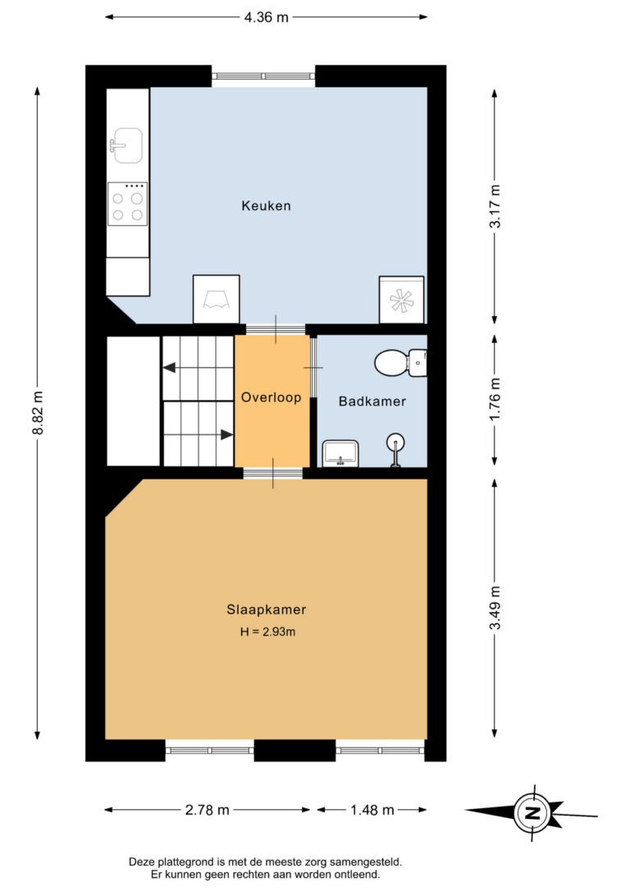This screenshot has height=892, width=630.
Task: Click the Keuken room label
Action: pos(266,206)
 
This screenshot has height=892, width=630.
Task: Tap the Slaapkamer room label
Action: pos(267,609)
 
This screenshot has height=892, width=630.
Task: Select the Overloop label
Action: pos(271,397)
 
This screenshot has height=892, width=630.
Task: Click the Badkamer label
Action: pos(372,401)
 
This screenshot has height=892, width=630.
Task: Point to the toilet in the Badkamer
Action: pos(400,362)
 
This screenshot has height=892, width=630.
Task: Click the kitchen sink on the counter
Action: pos(126,145)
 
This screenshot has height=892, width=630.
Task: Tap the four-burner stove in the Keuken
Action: pos(127,204)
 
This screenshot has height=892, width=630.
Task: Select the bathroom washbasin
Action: pos(340,453)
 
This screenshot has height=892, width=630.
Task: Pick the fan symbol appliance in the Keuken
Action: pos(402,300)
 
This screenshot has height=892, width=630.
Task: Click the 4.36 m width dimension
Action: pos(267,17)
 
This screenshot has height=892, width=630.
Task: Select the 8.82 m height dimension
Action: pos(38,413)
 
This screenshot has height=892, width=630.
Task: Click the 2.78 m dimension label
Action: pos(208,810)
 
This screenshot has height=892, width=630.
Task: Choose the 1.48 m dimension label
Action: pos(372,810)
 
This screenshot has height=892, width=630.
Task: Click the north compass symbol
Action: pos(532,813)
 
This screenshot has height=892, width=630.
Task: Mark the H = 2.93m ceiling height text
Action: pos(267,632)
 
